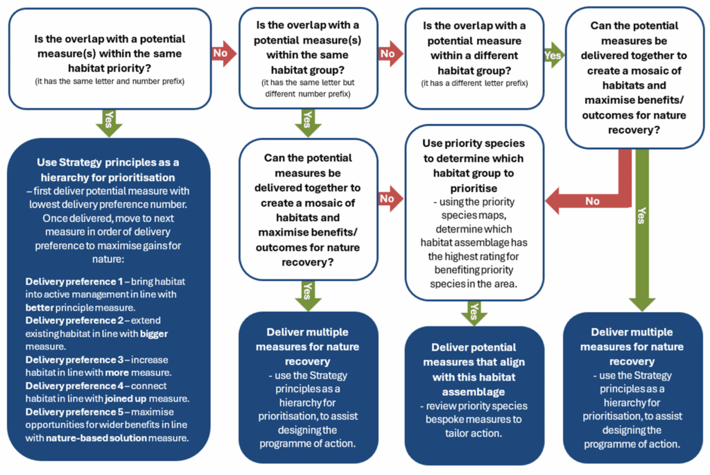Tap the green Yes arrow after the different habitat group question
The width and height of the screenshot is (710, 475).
pyautogui.click(x=553, y=53)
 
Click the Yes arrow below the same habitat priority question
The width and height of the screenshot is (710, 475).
pyautogui.click(x=108, y=122)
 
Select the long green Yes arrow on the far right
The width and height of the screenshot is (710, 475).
pyautogui.click(x=642, y=229)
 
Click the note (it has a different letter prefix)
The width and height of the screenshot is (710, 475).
pyautogui.click(x=474, y=83)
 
